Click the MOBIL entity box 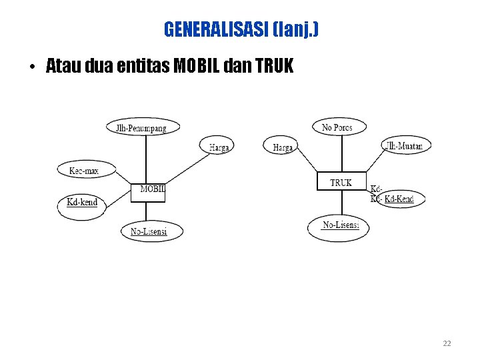(152, 191)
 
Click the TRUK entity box (341, 181)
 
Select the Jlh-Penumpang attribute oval (143, 127)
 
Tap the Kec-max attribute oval (84, 171)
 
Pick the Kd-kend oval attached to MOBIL (83, 202)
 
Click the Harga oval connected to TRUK (282, 147)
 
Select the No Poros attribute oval (337, 127)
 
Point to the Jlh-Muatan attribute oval (406, 145)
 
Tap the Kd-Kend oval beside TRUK (400, 199)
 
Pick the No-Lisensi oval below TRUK (339, 226)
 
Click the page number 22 (447, 343)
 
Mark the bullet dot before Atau (31, 67)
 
